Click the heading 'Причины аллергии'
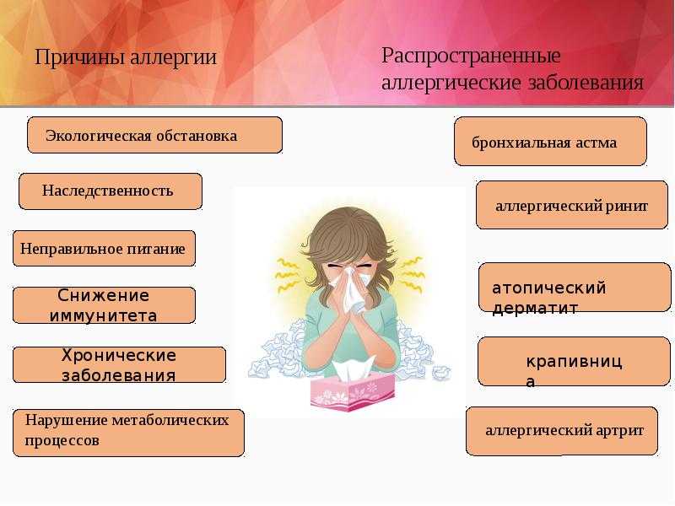pyautogui.click(x=125, y=57)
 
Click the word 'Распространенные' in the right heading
pyautogui.click(x=471, y=57)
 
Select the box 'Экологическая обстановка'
pyautogui.click(x=155, y=135)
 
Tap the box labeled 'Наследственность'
pyautogui.click(x=111, y=191)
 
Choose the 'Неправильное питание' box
pyautogui.click(x=104, y=248)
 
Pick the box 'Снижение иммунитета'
pyautogui.click(x=104, y=305)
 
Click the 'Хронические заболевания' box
pyautogui.click(x=119, y=365)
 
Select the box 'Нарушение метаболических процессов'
pyautogui.click(x=129, y=433)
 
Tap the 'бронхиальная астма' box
pyautogui.click(x=551, y=141)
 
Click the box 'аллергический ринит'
pyautogui.click(x=572, y=205)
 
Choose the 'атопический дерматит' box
pyautogui.click(x=575, y=287)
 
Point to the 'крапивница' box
pyautogui.click(x=575, y=362)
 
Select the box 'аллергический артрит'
pyautogui.click(x=562, y=431)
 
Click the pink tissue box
pyautogui.click(x=352, y=392)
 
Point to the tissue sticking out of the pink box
pyautogui.click(x=352, y=370)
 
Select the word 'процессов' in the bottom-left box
pyautogui.click(x=62, y=440)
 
